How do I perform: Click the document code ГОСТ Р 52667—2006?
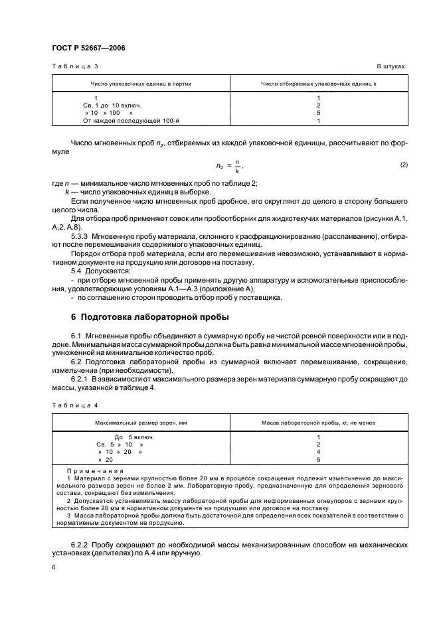[88, 48]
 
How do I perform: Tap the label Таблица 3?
[74, 67]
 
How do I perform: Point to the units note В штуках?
[391, 67]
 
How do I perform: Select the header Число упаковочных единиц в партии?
[140, 84]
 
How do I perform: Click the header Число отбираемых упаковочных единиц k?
[319, 84]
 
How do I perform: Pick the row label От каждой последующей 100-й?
[122, 121]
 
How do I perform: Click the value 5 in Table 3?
[319, 113]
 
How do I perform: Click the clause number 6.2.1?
[81, 378]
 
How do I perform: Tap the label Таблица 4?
[74, 404]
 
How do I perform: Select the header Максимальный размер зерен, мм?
[140, 422]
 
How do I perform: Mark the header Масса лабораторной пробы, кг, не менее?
[319, 422]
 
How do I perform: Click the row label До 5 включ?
[134, 437]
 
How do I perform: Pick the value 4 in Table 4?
[319, 451]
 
